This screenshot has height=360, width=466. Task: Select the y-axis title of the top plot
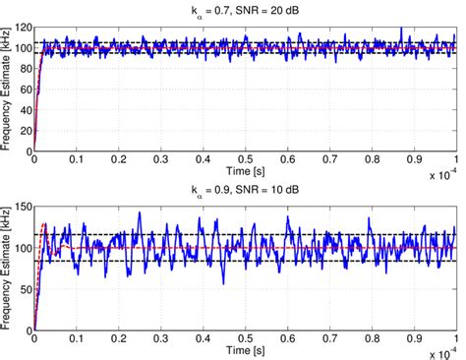point(8,89)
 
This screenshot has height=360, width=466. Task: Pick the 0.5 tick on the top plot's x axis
point(246,161)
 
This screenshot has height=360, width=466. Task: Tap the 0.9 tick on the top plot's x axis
point(414,161)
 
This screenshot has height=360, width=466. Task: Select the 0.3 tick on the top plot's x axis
point(161,161)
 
